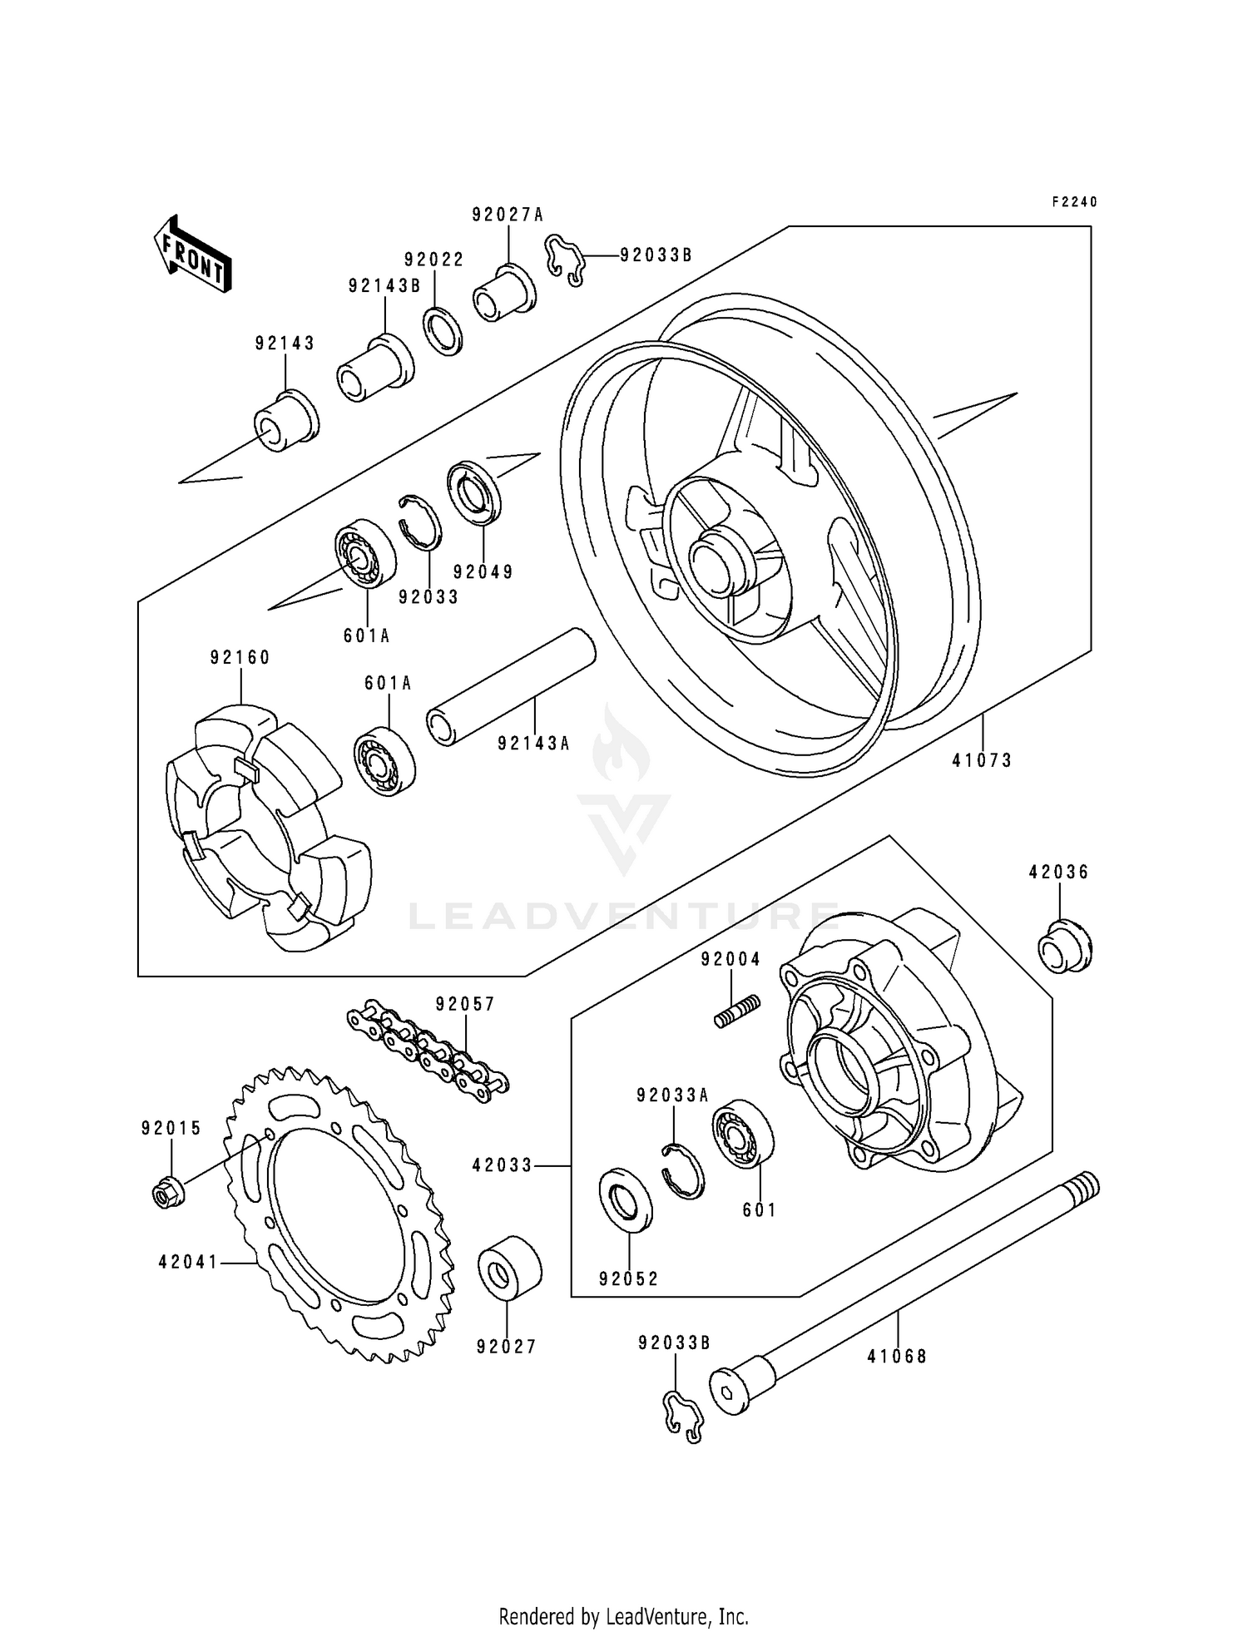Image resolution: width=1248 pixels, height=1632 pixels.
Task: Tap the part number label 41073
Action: click(x=982, y=760)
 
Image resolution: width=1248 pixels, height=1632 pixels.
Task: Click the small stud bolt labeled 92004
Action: click(x=736, y=1011)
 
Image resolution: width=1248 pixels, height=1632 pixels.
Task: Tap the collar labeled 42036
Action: click(x=1064, y=946)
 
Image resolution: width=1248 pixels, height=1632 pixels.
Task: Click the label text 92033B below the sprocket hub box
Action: click(x=675, y=1343)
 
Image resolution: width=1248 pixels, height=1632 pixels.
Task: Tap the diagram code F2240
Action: click(x=1074, y=202)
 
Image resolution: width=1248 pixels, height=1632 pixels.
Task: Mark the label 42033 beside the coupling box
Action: click(x=502, y=1166)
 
